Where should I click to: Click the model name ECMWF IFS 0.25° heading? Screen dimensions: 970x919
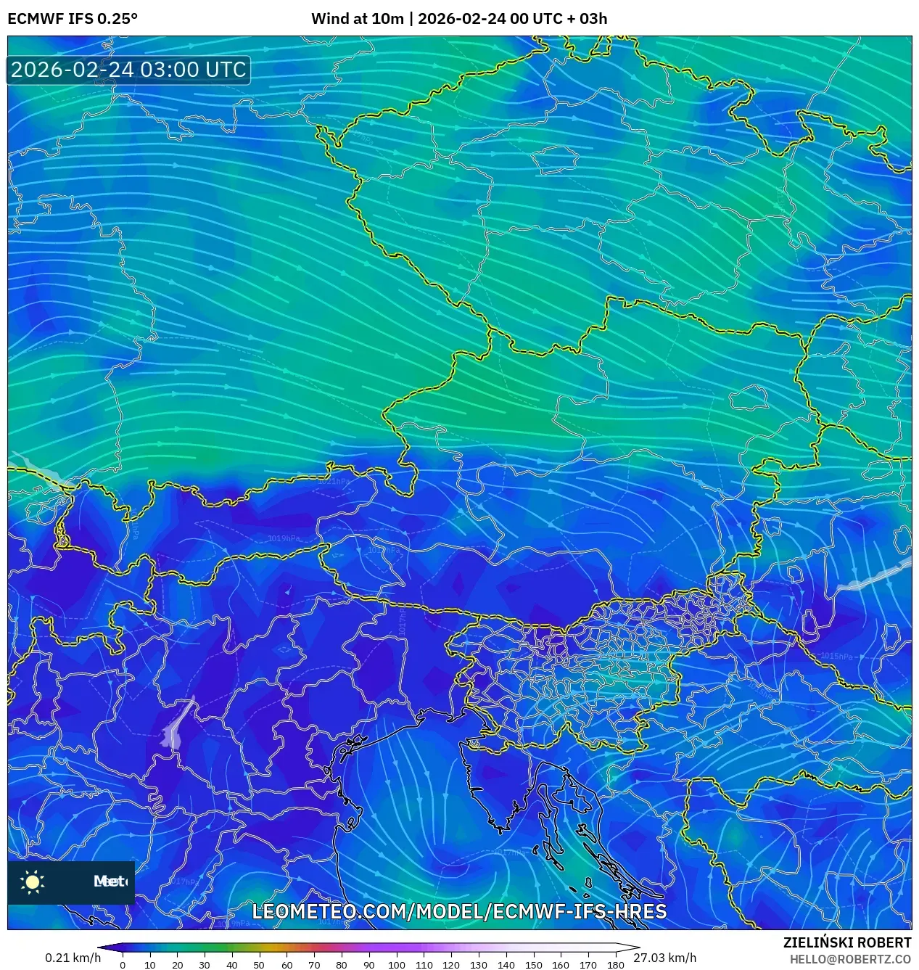pyautogui.click(x=73, y=19)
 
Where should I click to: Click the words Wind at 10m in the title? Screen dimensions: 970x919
pyautogui.click(x=357, y=19)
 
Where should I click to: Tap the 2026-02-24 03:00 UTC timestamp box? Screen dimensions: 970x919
pyautogui.click(x=128, y=70)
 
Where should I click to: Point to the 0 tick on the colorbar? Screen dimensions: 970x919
pyautogui.click(x=123, y=964)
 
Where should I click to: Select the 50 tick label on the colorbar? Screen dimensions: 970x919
pyautogui.click(x=259, y=964)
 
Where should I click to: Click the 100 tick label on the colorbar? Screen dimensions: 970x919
pyautogui.click(x=396, y=964)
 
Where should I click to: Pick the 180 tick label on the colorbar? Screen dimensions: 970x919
pyautogui.click(x=615, y=964)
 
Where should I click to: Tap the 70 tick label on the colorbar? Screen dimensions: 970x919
pyautogui.click(x=314, y=964)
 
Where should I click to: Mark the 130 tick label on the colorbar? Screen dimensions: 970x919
pyautogui.click(x=478, y=964)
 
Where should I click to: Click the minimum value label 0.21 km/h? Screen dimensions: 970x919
pyautogui.click(x=73, y=958)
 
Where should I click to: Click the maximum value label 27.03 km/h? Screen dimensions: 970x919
pyautogui.click(x=664, y=958)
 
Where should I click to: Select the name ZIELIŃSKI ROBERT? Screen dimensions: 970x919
pyautogui.click(x=846, y=942)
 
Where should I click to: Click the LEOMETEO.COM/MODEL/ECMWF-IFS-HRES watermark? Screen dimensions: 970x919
pyautogui.click(x=459, y=911)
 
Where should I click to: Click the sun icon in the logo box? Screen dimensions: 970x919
pyautogui.click(x=33, y=881)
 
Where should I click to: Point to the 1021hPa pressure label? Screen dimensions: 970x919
pyautogui.click(x=334, y=481)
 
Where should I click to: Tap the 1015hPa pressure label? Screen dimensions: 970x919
pyautogui.click(x=836, y=656)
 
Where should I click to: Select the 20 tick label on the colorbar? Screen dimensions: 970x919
pyautogui.click(x=177, y=964)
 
